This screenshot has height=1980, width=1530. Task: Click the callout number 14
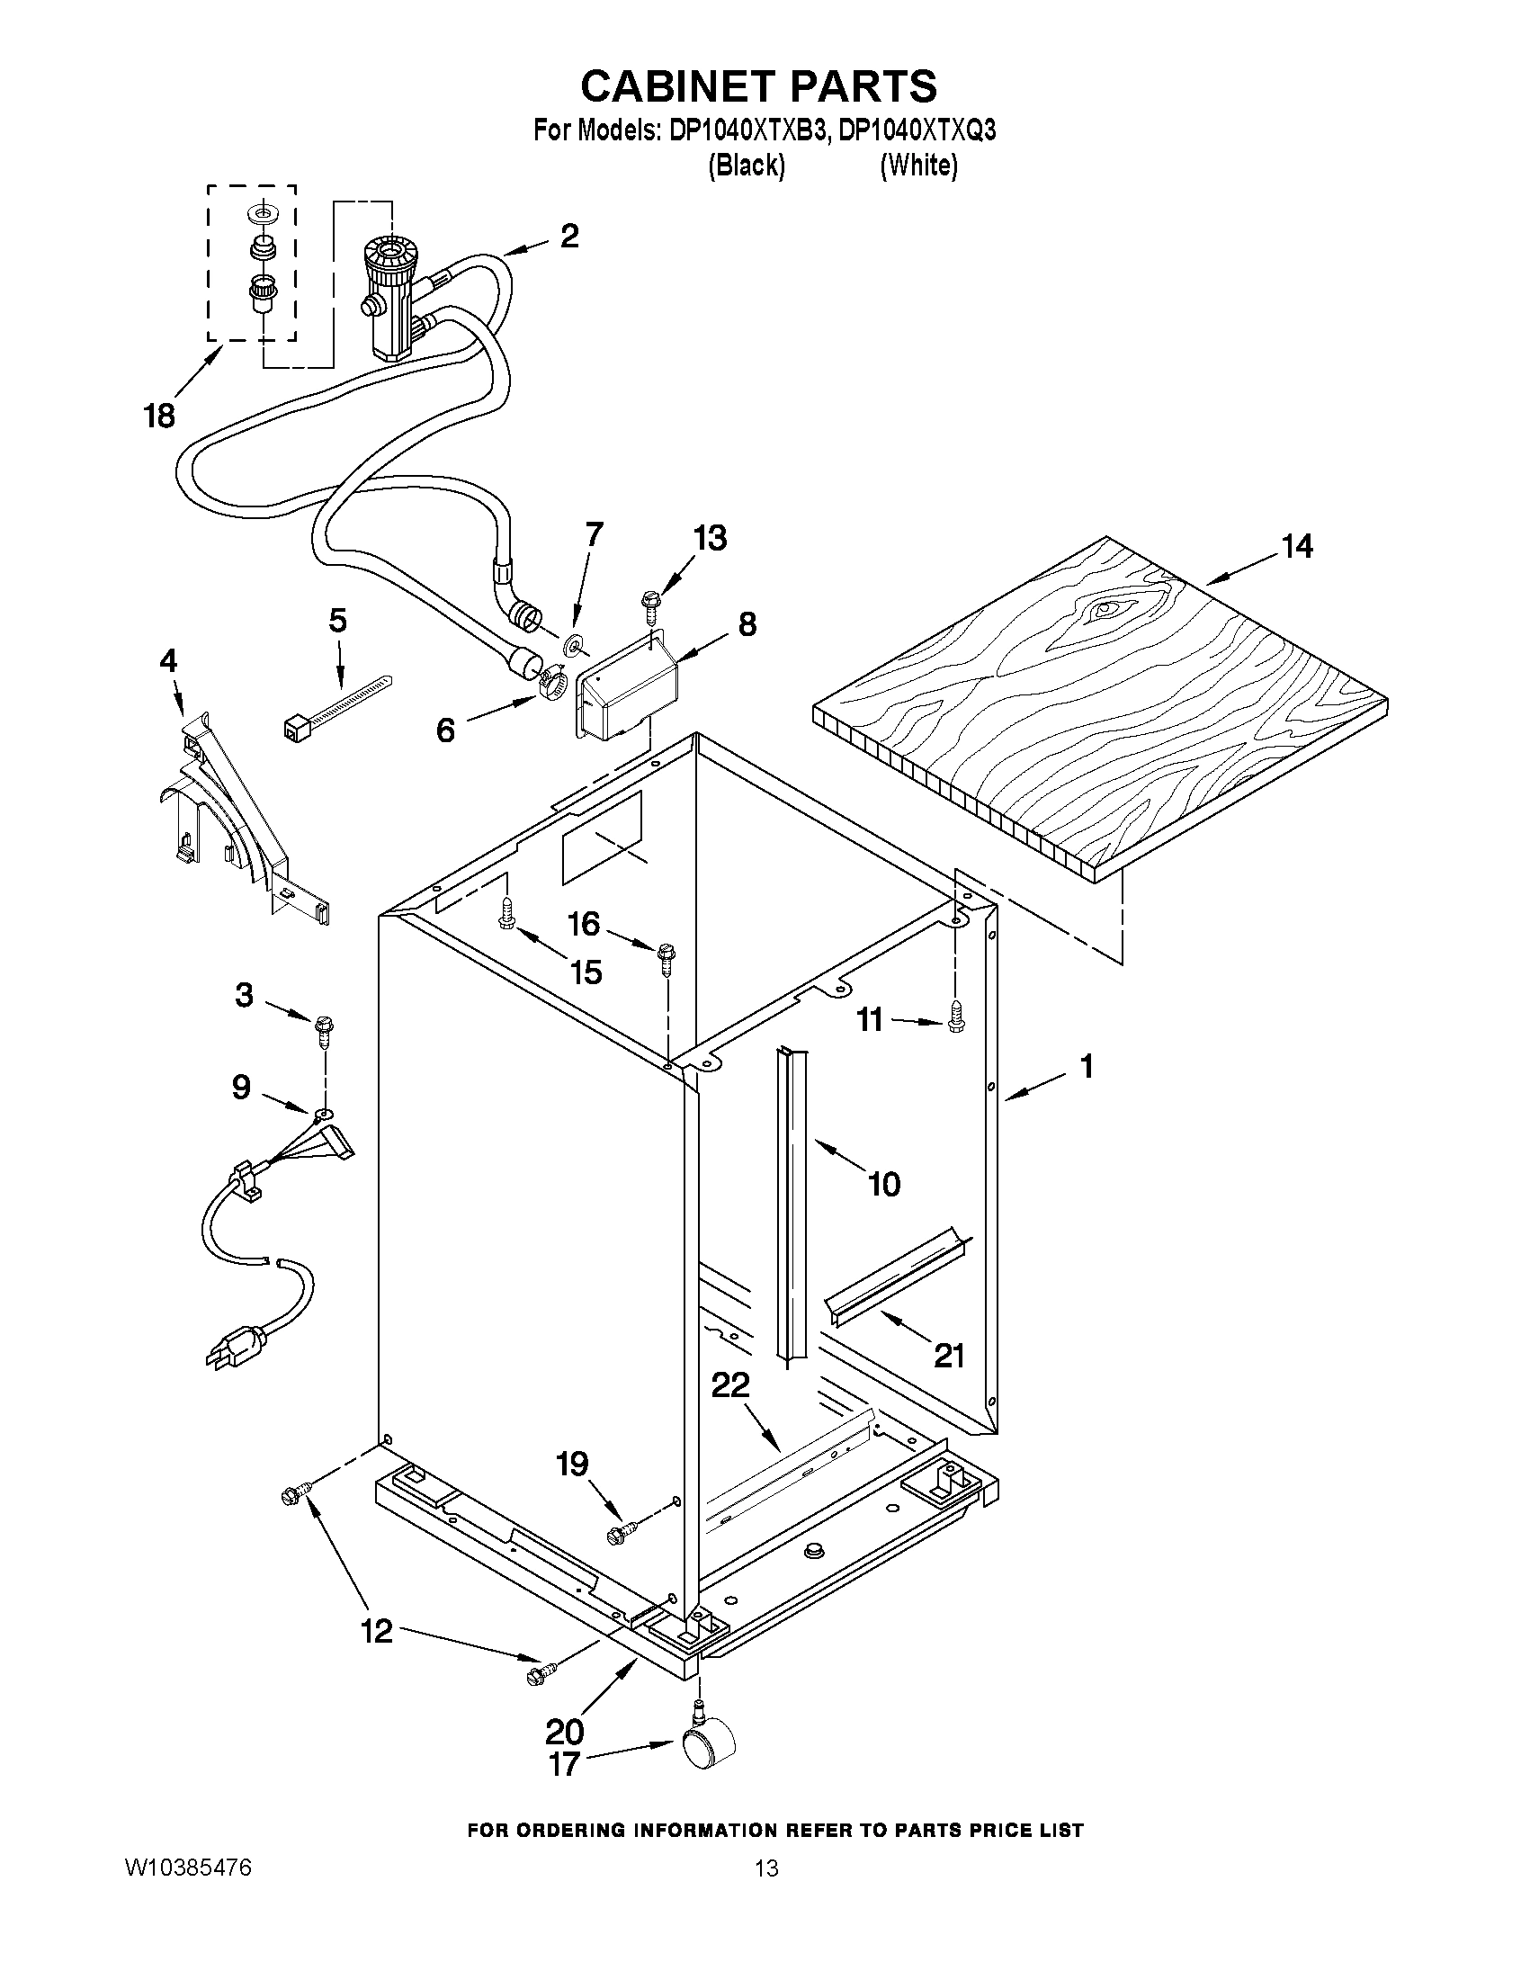1296,546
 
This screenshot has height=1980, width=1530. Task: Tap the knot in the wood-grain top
1104,610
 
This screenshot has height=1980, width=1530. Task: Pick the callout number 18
159,417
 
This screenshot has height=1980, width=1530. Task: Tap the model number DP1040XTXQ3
917,131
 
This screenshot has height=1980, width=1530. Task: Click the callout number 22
730,1384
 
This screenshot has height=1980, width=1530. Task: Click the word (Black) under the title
746,166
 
